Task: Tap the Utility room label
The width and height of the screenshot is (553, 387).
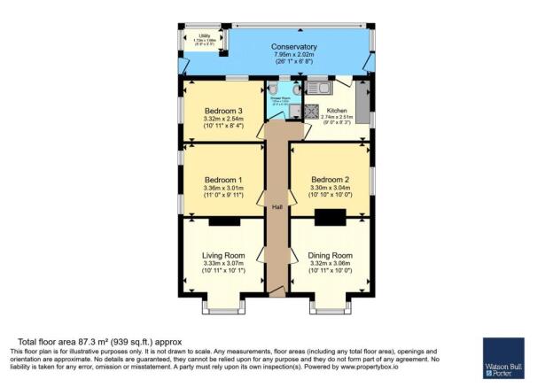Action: click(x=204, y=35)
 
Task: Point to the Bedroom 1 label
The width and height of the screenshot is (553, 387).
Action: click(x=222, y=176)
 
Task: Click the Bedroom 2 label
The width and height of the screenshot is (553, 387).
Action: click(x=330, y=176)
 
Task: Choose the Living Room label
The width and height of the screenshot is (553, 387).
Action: click(x=222, y=255)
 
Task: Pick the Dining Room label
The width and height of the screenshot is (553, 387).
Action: click(x=330, y=255)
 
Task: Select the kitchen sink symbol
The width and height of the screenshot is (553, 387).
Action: click(x=317, y=88)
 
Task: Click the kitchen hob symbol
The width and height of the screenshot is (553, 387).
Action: click(x=312, y=112)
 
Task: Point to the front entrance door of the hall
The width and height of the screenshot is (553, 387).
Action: click(x=276, y=290)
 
